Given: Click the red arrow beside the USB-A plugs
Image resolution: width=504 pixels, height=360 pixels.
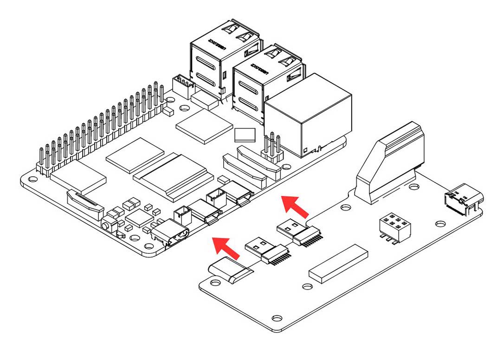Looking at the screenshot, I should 295,206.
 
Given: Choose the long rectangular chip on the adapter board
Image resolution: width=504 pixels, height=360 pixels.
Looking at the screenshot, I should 338,262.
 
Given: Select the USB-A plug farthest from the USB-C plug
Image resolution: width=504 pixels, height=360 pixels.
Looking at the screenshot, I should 297,232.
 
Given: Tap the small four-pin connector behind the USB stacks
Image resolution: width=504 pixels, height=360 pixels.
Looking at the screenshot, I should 182,86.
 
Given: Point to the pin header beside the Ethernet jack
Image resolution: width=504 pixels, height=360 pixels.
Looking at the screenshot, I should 272,147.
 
